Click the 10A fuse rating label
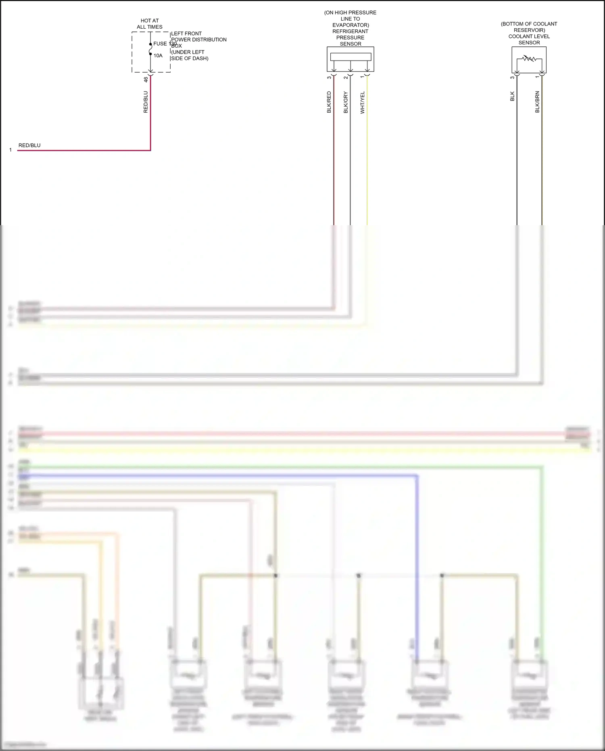pyautogui.click(x=158, y=56)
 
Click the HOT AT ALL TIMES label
pyautogui.click(x=150, y=24)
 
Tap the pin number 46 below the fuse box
pyautogui.click(x=146, y=79)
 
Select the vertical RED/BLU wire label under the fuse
pyautogui.click(x=146, y=102)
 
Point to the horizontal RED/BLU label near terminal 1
pyautogui.click(x=29, y=145)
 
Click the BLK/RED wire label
pyautogui.click(x=329, y=102)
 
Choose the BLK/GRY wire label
pyautogui.click(x=346, y=103)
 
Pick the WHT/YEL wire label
pyautogui.click(x=363, y=103)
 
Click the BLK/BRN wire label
pyautogui.click(x=537, y=102)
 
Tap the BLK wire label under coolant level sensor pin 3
pyautogui.click(x=513, y=96)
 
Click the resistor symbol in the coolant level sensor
pyautogui.click(x=529, y=59)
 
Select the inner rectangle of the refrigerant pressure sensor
pyautogui.click(x=350, y=57)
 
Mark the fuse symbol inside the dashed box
pyautogui.click(x=150, y=49)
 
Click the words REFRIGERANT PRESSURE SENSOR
pyautogui.click(x=350, y=38)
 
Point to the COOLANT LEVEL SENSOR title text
pyautogui.click(x=529, y=39)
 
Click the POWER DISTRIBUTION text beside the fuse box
pyautogui.click(x=199, y=40)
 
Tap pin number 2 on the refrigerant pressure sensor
pyautogui.click(x=346, y=77)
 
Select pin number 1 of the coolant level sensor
pyautogui.click(x=537, y=77)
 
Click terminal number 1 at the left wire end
pyautogui.click(x=10, y=150)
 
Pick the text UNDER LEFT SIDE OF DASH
pyautogui.click(x=190, y=55)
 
